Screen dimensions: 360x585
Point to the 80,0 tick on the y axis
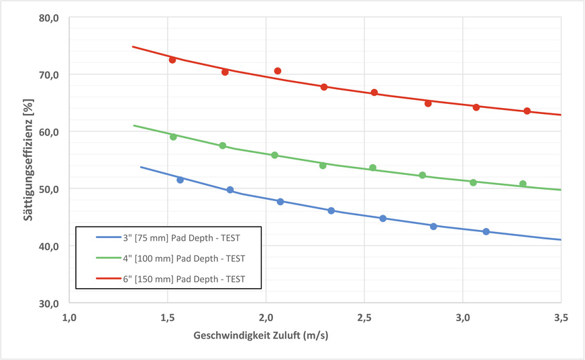tap(50, 17)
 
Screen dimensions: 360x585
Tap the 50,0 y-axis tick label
tap(50, 189)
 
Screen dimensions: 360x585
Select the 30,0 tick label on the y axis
tap(50, 303)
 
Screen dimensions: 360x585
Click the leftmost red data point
tap(172, 60)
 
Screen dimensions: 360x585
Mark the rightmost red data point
tap(527, 111)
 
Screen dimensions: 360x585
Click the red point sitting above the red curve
tap(278, 71)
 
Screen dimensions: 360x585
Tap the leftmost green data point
tap(173, 137)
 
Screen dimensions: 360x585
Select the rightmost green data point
tap(523, 184)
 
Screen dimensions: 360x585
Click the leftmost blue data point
tap(180, 180)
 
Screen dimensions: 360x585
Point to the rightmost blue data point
tap(486, 232)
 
